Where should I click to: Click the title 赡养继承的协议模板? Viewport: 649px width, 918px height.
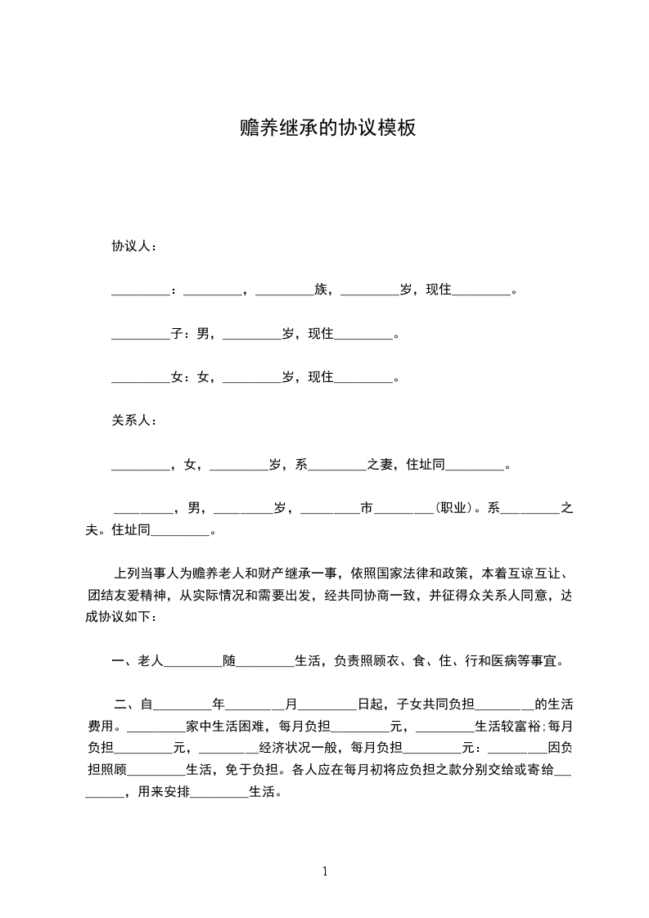tap(324, 128)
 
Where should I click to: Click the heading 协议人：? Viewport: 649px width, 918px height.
tap(134, 245)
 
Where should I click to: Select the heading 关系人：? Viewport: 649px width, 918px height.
tap(134, 421)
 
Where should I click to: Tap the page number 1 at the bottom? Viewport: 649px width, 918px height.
tap(325, 871)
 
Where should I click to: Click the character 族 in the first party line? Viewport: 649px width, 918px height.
tap(320, 290)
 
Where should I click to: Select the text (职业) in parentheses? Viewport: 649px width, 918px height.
tap(453, 508)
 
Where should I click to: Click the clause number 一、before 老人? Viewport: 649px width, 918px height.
tap(123, 660)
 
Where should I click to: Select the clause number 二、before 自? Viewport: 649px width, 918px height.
tap(125, 703)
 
